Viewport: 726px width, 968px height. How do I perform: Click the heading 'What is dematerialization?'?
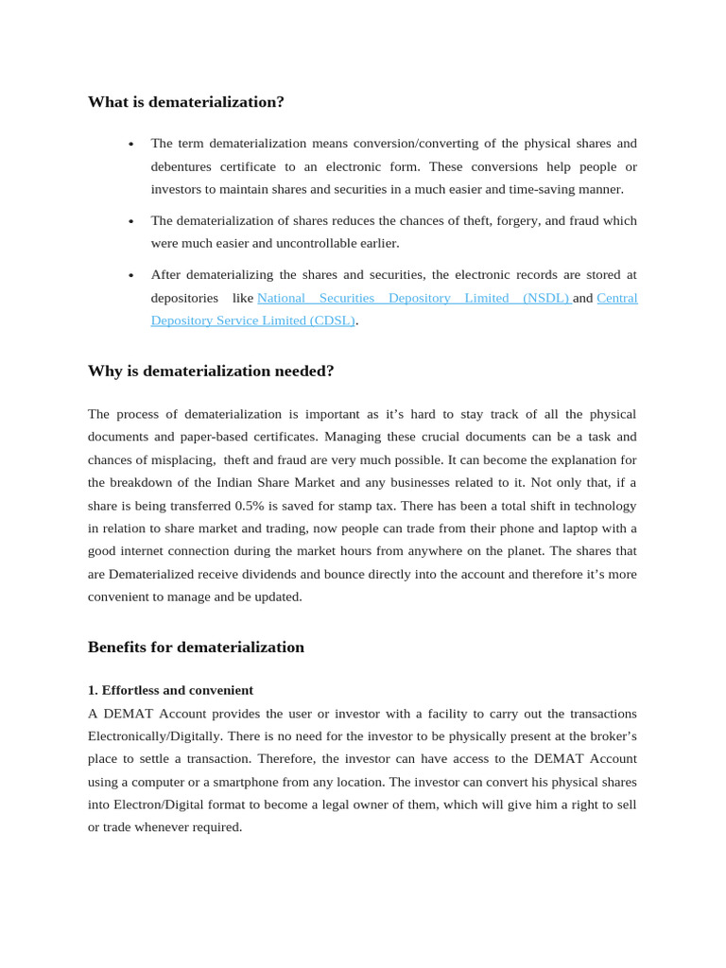(185, 102)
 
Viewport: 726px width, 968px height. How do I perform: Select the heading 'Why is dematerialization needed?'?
(211, 371)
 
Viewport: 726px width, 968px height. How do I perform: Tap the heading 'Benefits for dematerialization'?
(196, 647)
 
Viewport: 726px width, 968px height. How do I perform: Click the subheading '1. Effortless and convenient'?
(170, 690)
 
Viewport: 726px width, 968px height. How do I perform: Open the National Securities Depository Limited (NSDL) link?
(413, 298)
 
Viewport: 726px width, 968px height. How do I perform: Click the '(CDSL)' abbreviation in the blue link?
(332, 320)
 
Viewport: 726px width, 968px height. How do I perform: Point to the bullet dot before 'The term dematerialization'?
(131, 145)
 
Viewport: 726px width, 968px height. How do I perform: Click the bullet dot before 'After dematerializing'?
(131, 276)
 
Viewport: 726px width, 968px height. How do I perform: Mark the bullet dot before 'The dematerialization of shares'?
(131, 222)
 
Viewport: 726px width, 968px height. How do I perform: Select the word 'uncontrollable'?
(320, 243)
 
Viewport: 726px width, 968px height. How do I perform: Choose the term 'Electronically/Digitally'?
(154, 735)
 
